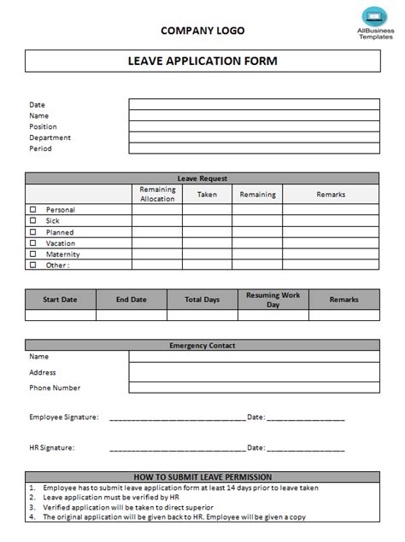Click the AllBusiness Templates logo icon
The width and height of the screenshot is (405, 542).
(x=373, y=15)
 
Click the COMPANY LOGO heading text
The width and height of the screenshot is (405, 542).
(x=202, y=31)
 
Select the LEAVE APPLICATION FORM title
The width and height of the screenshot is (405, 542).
(x=202, y=61)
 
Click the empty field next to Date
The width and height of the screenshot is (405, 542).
(x=254, y=104)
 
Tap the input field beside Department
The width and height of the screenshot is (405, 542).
(x=254, y=137)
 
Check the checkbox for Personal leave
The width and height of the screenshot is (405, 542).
(x=33, y=209)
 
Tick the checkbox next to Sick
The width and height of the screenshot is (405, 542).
(x=33, y=220)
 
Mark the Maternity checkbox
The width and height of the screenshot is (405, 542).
(x=33, y=254)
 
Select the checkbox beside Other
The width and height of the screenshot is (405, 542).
(x=33, y=265)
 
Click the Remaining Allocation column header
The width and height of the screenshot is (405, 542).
(x=156, y=194)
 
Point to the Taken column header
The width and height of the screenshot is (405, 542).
(x=207, y=194)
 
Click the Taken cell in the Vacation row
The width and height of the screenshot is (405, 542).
(x=207, y=242)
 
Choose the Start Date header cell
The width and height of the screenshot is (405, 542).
(x=60, y=300)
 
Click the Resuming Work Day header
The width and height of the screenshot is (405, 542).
(x=273, y=300)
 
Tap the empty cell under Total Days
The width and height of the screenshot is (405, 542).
(x=202, y=315)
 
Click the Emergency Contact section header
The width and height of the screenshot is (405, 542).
(x=202, y=346)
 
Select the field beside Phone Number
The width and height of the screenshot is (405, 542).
(x=254, y=388)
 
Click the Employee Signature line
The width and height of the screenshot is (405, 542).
(x=177, y=418)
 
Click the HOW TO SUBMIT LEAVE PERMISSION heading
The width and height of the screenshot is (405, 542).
(x=202, y=476)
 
